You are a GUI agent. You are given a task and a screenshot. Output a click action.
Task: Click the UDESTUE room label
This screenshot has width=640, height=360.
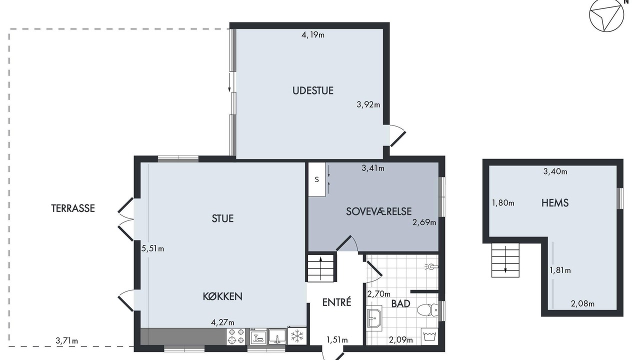point(313,90)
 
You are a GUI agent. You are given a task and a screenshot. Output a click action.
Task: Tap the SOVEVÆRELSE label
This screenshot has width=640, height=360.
point(379,211)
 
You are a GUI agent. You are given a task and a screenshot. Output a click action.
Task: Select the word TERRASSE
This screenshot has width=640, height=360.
point(73,208)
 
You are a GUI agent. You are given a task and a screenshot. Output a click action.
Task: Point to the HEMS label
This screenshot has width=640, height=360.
point(555,203)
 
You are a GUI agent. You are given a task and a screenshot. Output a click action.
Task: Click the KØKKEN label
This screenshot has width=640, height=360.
point(222,296)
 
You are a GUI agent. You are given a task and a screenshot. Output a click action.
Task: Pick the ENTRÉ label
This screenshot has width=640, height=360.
point(336,302)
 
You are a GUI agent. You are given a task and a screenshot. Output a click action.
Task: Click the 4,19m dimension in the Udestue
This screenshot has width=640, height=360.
point(313,35)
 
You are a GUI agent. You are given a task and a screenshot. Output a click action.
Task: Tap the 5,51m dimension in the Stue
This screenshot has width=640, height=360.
point(153,248)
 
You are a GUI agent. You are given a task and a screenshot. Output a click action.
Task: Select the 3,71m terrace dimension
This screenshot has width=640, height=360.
point(67,340)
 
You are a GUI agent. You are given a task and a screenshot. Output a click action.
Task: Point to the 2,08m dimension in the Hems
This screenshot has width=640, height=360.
point(582,303)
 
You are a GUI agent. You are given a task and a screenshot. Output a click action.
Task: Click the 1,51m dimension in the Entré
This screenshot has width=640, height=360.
point(337,339)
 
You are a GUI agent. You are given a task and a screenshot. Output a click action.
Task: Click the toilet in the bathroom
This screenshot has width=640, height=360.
point(427,309)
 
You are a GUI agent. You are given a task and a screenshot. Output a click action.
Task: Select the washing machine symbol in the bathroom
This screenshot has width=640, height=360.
point(429,336)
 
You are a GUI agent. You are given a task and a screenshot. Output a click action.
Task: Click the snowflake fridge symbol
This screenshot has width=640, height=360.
point(297,336)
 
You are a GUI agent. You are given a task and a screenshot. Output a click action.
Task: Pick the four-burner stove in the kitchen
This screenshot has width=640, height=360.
point(236,336)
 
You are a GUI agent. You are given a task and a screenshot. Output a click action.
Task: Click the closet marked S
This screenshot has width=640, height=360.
point(317,179)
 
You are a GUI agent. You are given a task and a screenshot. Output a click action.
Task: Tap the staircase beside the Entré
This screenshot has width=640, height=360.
point(320,268)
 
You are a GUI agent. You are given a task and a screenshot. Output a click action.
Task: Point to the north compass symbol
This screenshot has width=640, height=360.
point(606,15)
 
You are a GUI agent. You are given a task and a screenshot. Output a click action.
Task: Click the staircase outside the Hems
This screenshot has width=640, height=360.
point(505,260)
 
